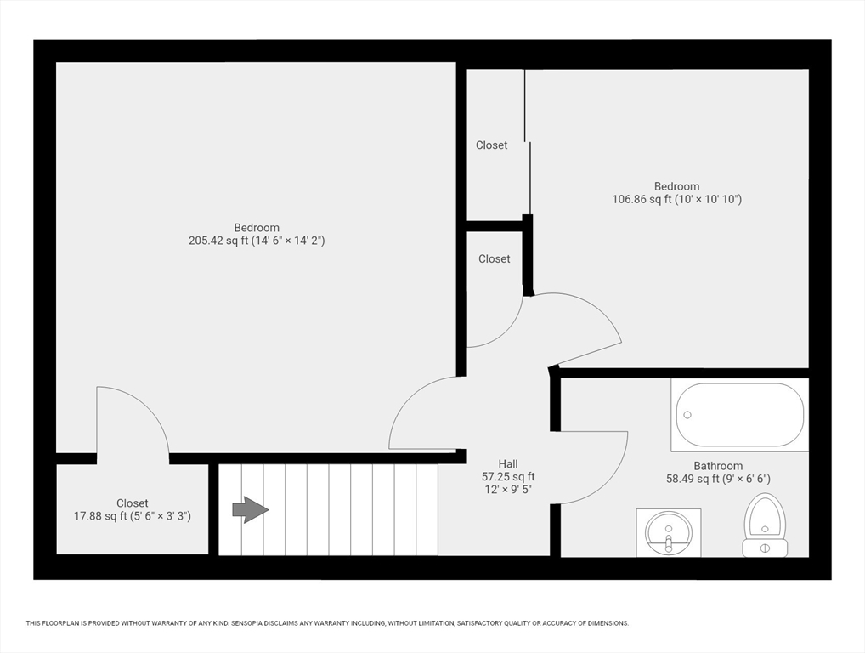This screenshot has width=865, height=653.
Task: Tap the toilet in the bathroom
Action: pos(765,525)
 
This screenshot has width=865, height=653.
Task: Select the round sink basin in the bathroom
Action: pos(669,532)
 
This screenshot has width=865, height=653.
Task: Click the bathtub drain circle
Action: pos(687,415)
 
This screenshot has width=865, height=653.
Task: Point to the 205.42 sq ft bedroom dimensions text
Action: pos(257,241)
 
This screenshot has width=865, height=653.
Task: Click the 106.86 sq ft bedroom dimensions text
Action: pos(677,199)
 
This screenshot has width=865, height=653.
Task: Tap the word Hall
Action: pos(508,463)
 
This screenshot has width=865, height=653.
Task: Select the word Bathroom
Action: pos(718,466)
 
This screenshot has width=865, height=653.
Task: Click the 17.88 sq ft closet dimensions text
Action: pos(133,516)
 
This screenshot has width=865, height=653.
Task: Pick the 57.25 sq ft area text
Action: pos(508,476)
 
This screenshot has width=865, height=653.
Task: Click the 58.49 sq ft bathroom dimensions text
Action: pos(718,479)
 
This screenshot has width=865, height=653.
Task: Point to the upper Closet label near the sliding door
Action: pos(491,145)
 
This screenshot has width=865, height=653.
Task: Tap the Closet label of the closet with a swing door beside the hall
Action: pos(495,258)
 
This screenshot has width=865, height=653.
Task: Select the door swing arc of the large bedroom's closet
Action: pos(148,409)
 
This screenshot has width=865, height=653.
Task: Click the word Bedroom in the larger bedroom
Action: pos(257,227)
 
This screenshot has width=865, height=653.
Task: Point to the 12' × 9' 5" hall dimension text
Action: pos(508,489)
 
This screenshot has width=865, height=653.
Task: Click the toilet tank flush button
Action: pos(765,548)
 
